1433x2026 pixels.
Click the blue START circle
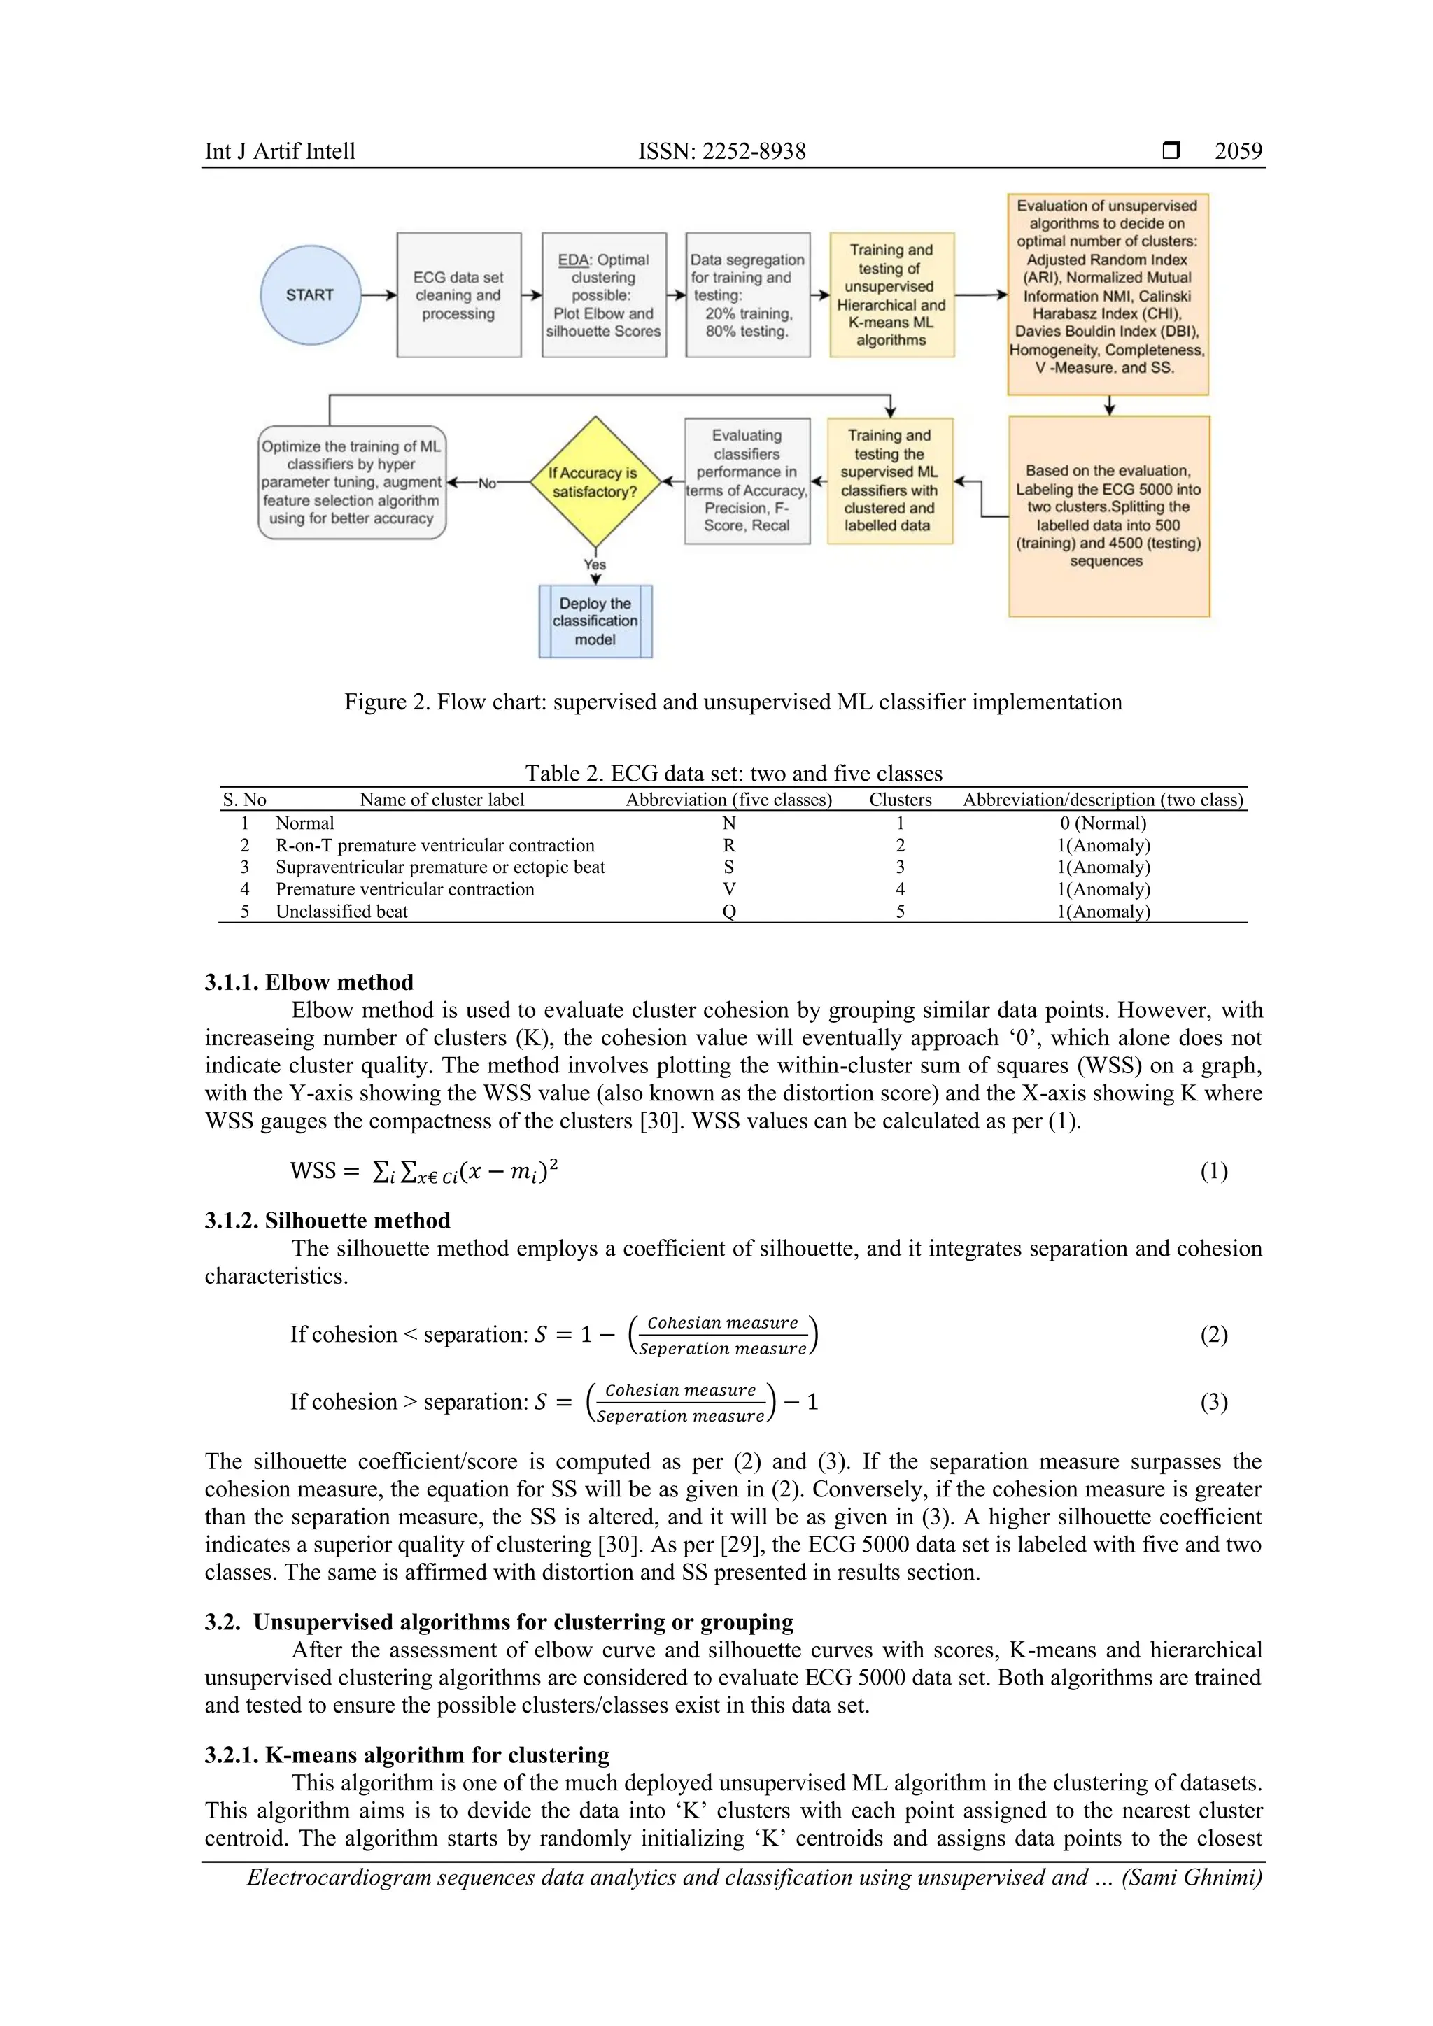[x=310, y=295]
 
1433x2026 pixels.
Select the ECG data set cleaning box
[x=458, y=295]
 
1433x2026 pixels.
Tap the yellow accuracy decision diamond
[x=595, y=482]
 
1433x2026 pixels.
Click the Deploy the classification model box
[x=595, y=621]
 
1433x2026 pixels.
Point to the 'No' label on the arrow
[x=486, y=483]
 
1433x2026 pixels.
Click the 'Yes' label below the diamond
[x=595, y=565]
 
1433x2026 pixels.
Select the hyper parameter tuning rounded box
[x=351, y=483]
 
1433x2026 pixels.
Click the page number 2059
[x=1238, y=151]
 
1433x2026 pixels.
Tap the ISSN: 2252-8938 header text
[x=722, y=151]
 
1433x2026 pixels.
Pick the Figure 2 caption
[x=733, y=702]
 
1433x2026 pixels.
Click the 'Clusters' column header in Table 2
[x=900, y=800]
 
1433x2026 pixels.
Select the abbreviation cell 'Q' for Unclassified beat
[x=729, y=912]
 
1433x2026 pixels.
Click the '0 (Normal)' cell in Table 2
[x=1103, y=823]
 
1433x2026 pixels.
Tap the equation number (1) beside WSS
[x=1213, y=1171]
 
